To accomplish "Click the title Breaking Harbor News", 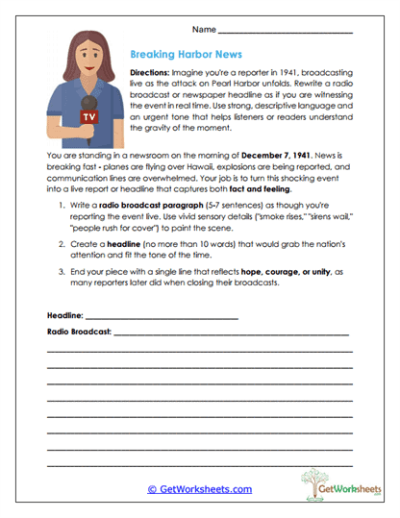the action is tap(187, 55).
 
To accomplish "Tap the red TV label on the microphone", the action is tap(88, 117).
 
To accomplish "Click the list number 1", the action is tap(61, 209).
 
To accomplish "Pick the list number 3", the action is tap(61, 272).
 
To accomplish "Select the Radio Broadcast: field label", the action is tap(79, 332).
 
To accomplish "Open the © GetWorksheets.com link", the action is tap(199, 488).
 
